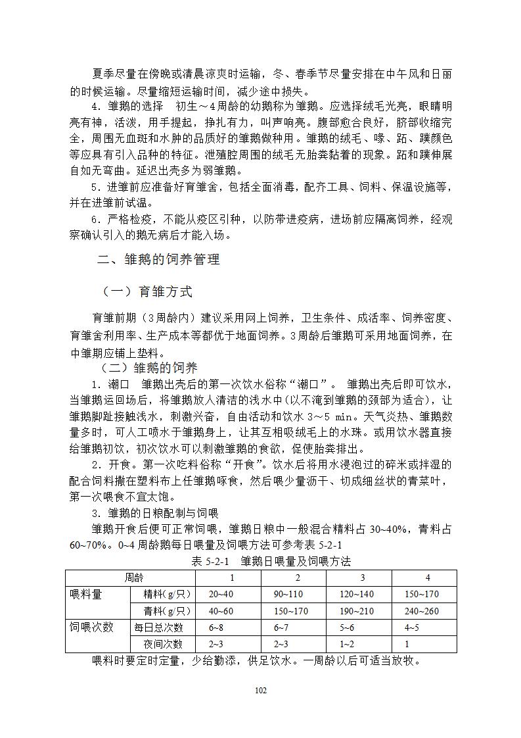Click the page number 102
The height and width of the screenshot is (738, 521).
click(261, 690)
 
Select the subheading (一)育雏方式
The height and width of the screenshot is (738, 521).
click(147, 291)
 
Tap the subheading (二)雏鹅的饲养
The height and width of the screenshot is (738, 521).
click(148, 368)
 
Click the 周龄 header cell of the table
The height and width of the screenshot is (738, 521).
click(134, 578)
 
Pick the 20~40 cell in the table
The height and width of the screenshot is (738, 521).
click(221, 594)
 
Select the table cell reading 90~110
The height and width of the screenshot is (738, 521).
click(288, 594)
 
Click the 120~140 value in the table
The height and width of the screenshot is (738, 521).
click(357, 594)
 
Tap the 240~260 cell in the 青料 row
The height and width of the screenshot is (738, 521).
click(421, 610)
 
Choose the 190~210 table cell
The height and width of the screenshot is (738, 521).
click(357, 610)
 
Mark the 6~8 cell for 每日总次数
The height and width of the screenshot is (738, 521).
click(216, 627)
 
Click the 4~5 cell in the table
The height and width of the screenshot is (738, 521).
click(413, 627)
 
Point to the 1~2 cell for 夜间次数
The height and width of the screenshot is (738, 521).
click(347, 644)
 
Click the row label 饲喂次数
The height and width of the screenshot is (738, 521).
click(91, 627)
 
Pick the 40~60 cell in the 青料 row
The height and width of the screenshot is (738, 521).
click(221, 610)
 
